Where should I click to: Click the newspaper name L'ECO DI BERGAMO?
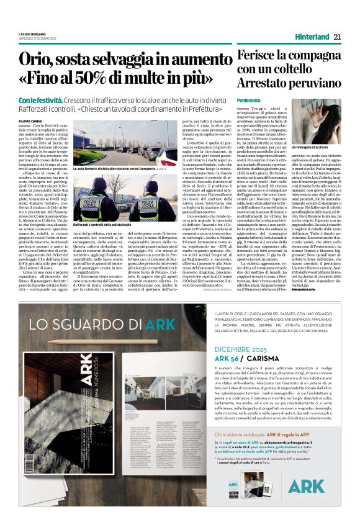(x=38, y=33)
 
